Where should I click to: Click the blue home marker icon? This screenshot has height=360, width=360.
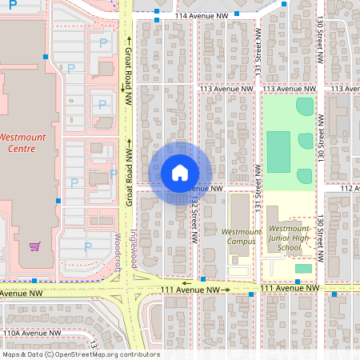tap(180, 173)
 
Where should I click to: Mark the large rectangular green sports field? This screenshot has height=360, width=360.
tap(278, 152)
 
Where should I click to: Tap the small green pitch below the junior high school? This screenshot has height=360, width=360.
tap(303, 269)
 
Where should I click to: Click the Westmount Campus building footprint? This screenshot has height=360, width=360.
tap(238, 211)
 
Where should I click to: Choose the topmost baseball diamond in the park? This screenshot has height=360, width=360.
tap(305, 106)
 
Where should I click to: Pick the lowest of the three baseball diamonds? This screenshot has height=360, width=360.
tap(304, 175)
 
